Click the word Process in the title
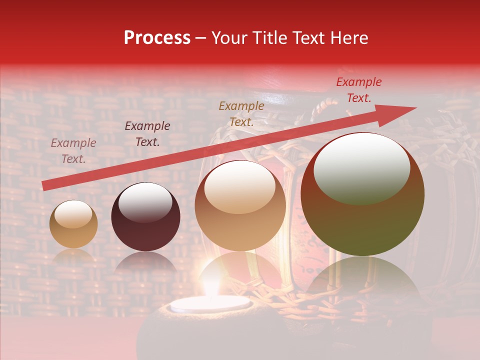(x=157, y=38)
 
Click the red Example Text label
(x=358, y=90)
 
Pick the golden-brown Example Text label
(x=241, y=113)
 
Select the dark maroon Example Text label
(x=147, y=134)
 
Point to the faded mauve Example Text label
(x=73, y=150)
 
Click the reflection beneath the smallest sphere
(x=73, y=257)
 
